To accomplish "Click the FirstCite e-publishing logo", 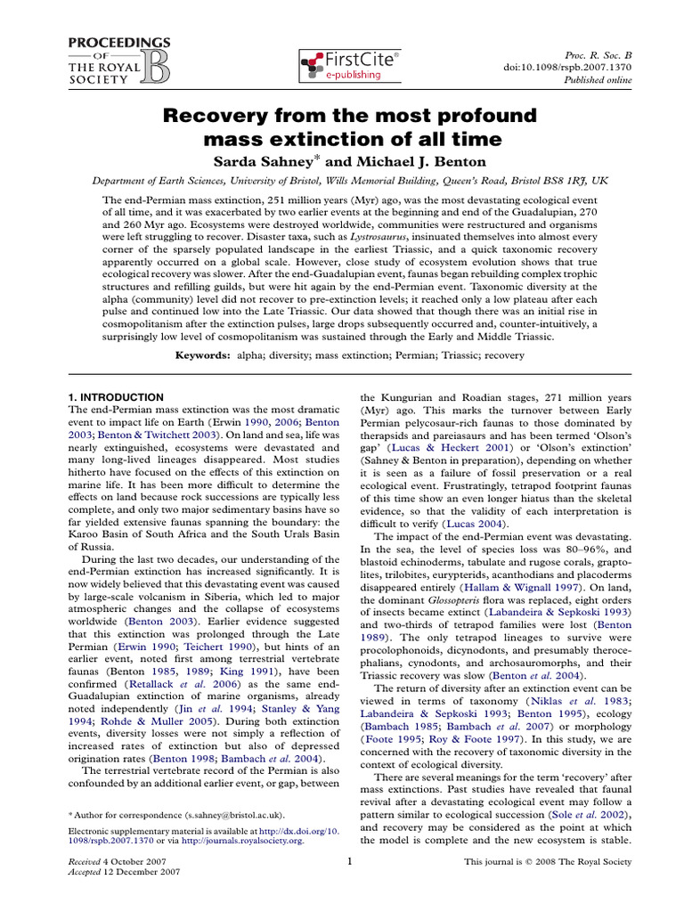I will [349, 65].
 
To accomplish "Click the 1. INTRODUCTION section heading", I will [116, 396].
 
